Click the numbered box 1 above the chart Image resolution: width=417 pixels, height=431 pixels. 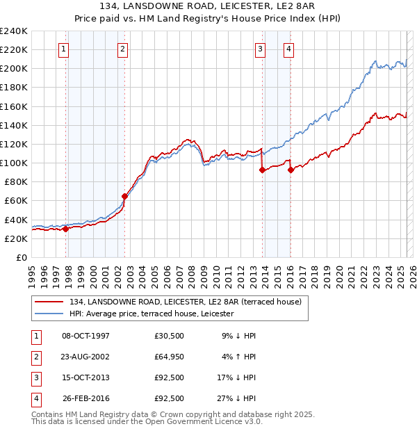click(x=63, y=49)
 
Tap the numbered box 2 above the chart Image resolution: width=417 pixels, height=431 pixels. click(x=122, y=49)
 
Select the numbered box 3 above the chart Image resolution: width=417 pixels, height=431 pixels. click(x=260, y=49)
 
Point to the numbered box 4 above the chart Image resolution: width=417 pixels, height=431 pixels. click(x=288, y=49)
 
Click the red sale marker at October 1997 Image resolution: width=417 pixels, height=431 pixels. click(x=65, y=229)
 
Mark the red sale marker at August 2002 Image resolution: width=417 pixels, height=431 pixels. click(x=125, y=196)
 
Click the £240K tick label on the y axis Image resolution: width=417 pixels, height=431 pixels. click(x=14, y=31)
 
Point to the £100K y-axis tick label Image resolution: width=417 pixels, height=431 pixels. click(x=14, y=163)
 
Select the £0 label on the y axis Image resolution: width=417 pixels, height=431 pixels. click(x=22, y=257)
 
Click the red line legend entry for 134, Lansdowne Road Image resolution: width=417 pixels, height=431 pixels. click(x=185, y=302)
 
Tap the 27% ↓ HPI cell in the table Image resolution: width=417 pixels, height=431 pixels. click(x=237, y=399)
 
